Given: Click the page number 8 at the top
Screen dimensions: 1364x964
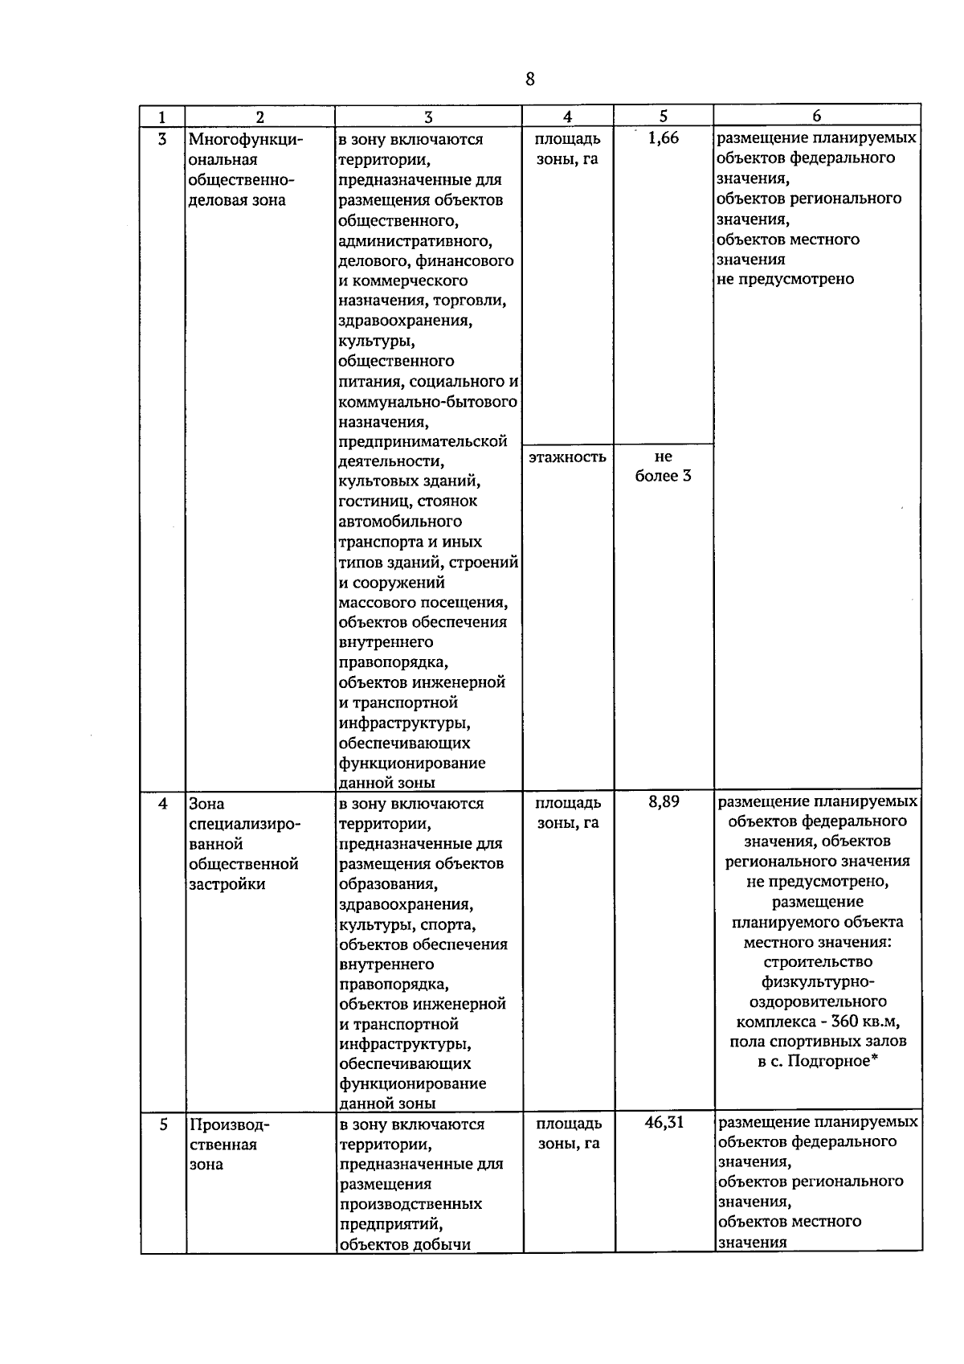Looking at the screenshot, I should tap(529, 79).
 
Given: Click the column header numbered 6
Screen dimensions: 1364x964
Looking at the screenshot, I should tap(817, 117).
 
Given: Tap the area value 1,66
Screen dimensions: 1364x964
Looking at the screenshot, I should tap(663, 138).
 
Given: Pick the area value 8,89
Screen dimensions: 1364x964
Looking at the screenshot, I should tap(664, 801).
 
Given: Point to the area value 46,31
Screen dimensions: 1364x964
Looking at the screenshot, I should tap(664, 1122).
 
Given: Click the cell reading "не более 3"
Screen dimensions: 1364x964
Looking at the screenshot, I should tap(664, 466).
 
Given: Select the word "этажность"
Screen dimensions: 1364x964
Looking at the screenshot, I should tap(567, 457).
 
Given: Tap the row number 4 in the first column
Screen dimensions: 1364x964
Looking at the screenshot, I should tap(163, 804).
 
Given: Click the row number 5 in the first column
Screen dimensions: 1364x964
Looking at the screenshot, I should tap(163, 1124).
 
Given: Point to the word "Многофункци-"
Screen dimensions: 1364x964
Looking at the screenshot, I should tap(246, 140).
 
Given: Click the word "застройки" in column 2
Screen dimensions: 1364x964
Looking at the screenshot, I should tap(227, 884).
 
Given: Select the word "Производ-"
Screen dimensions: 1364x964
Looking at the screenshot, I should tap(230, 1124).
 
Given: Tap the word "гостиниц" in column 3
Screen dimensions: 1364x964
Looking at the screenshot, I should tap(373, 502).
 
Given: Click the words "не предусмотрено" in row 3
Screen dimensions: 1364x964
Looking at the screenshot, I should tap(785, 280).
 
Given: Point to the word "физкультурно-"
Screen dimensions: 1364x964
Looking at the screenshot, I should tap(818, 982).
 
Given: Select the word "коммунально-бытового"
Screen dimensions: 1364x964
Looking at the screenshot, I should tap(427, 401).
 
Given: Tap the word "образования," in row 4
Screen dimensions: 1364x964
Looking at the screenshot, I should tap(389, 884).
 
